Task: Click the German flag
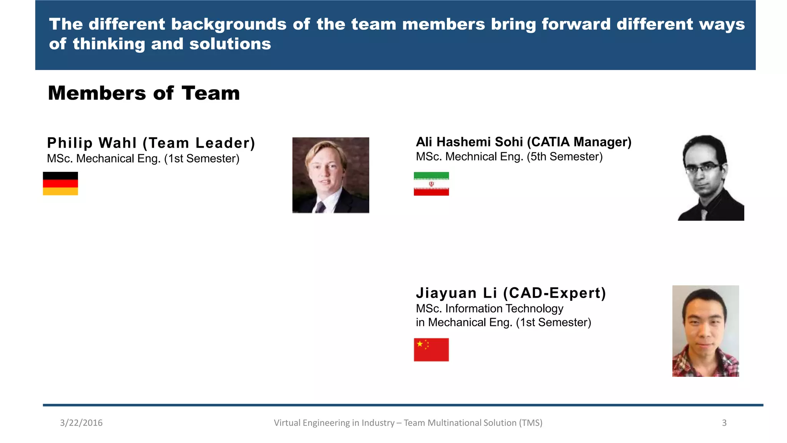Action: tap(60, 183)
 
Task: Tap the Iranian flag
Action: tap(431, 184)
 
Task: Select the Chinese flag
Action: tap(431, 350)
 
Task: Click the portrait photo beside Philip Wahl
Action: tap(330, 175)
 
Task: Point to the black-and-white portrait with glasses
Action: tap(711, 178)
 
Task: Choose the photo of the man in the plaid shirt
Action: tap(706, 331)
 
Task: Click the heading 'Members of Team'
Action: tap(144, 93)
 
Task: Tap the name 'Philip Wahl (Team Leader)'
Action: tap(151, 143)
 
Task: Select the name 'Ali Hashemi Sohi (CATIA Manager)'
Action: tap(523, 142)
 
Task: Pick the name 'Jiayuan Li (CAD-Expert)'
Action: tap(511, 293)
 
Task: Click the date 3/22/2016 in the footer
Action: tap(81, 423)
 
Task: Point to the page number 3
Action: tap(724, 423)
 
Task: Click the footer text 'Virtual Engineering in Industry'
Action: tap(334, 423)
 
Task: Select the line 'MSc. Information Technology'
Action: tap(490, 308)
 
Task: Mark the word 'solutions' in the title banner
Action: tap(230, 44)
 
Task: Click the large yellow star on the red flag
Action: tap(420, 344)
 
